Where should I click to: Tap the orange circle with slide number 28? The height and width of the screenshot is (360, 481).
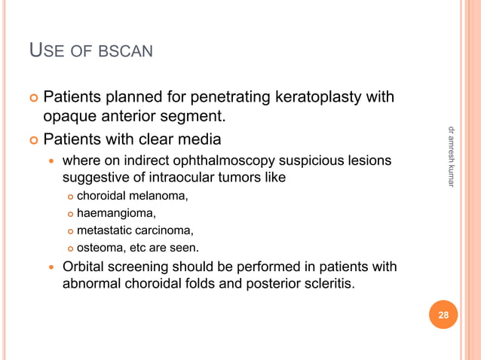(443, 316)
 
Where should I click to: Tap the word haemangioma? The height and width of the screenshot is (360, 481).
(116, 213)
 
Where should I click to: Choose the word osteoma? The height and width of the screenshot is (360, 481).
(101, 248)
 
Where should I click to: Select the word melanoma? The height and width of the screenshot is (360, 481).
(159, 196)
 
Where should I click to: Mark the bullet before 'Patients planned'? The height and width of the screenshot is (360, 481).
(33, 97)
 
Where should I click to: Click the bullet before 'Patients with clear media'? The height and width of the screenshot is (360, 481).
(33, 139)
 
